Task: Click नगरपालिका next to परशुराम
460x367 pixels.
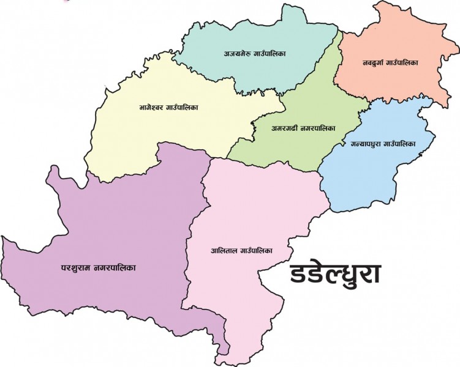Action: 115,267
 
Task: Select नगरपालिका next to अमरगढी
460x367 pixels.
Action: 319,130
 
